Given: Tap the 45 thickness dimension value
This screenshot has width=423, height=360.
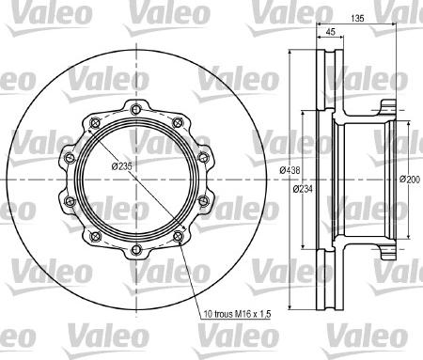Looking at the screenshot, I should [329, 33].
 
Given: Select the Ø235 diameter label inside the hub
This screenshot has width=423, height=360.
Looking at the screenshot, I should [120, 165].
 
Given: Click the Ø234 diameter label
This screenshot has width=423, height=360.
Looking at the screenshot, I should [302, 189].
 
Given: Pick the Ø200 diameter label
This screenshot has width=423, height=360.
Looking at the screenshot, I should [409, 179].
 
